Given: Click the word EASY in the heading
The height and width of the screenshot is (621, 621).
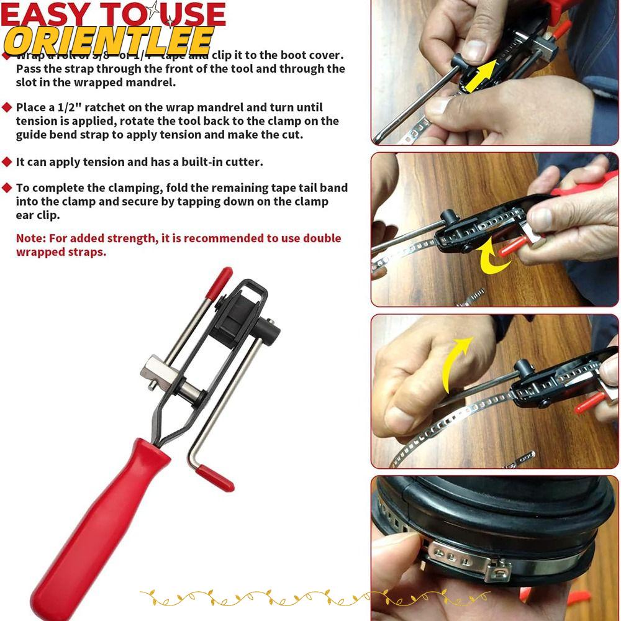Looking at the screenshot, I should coord(43,15).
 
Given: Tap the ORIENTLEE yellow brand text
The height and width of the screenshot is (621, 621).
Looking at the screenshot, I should coord(108,41).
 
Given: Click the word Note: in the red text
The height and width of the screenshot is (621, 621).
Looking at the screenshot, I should coord(31,238).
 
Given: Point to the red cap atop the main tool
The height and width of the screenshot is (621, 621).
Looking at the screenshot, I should coord(219,281).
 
